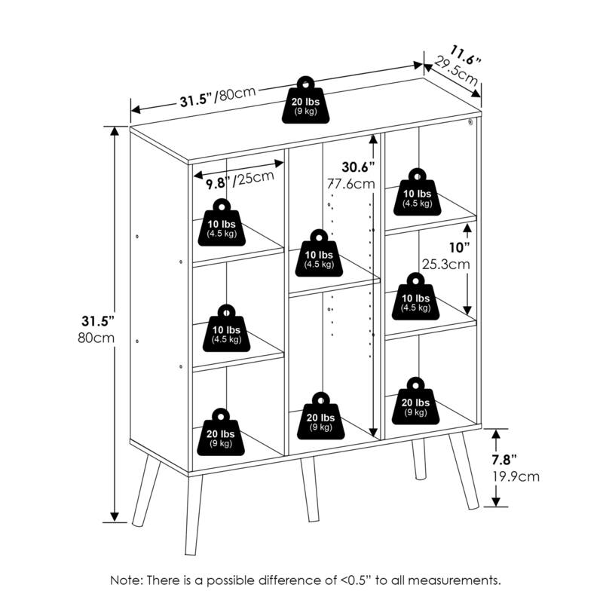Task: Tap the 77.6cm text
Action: tap(351, 183)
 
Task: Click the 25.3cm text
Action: tap(446, 265)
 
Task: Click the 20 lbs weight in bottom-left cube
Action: tap(222, 433)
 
